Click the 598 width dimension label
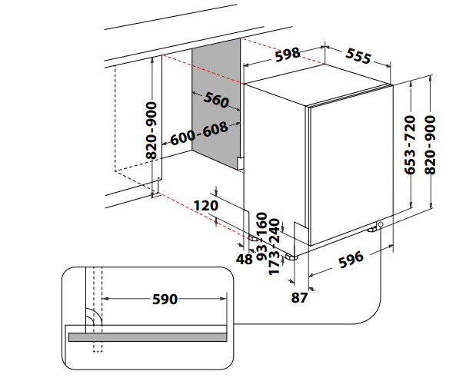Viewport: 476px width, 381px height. [x=287, y=54]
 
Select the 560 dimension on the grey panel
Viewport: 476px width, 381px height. [x=217, y=100]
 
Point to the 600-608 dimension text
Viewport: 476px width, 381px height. [x=199, y=134]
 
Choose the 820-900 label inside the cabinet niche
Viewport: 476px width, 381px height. [x=151, y=130]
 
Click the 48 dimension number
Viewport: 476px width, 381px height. [x=245, y=259]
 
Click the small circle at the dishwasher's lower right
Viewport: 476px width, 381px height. [x=381, y=224]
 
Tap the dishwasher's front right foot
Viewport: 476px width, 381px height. [x=372, y=229]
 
